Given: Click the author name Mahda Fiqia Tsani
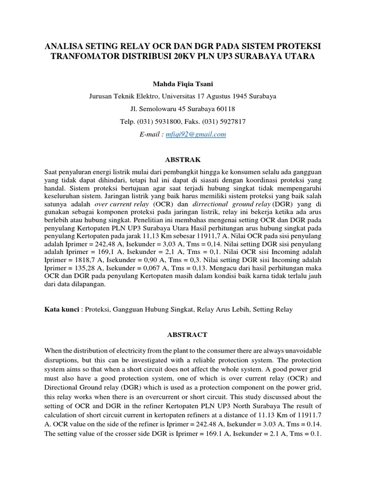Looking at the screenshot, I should (x=183, y=84).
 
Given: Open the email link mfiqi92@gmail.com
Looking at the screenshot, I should (x=196, y=135).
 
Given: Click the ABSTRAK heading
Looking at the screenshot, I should (x=183, y=159).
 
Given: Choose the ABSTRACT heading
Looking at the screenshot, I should (x=183, y=335).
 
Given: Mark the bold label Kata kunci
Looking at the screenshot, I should (x=61, y=309).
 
